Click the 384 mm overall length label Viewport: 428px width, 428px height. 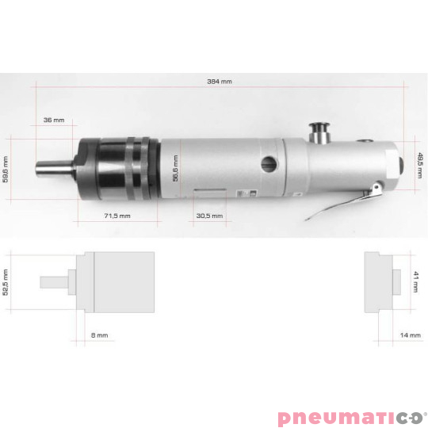(x=220, y=82)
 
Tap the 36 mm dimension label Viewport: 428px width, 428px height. (x=54, y=120)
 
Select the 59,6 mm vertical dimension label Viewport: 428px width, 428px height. (x=6, y=170)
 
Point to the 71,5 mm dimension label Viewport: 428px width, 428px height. (x=117, y=216)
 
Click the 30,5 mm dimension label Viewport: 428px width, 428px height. (x=209, y=216)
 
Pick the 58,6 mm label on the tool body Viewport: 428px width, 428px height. (x=175, y=168)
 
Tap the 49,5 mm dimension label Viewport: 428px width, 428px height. (x=421, y=166)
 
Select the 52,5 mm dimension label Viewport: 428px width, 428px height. (x=6, y=282)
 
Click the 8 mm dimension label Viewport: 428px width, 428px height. (x=99, y=335)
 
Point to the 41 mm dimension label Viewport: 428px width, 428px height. (x=415, y=281)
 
